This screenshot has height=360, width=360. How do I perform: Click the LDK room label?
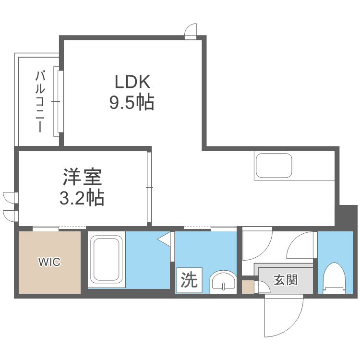click(132, 82)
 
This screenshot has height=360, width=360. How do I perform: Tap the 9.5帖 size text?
click(132, 102)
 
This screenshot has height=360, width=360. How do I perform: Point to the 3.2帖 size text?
click(82, 197)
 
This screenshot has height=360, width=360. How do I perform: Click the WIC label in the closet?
click(49, 262)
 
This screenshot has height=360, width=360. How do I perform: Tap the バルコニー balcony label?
click(40, 101)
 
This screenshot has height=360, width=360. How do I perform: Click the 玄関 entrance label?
click(286, 280)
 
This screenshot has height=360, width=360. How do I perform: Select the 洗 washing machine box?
click(190, 280)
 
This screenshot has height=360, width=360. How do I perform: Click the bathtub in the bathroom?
click(106, 259)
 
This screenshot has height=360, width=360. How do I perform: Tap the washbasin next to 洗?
click(223, 281)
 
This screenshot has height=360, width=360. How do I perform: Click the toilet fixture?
click(334, 278)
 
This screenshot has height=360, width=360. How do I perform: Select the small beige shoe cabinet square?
click(248, 287)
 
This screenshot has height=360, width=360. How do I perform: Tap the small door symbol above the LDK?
click(191, 31)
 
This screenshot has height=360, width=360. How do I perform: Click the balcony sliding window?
click(58, 101)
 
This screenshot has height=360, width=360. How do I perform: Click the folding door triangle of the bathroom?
click(165, 239)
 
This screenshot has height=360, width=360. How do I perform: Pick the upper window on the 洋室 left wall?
click(11, 198)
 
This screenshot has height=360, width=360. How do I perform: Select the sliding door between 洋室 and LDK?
click(149, 187)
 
